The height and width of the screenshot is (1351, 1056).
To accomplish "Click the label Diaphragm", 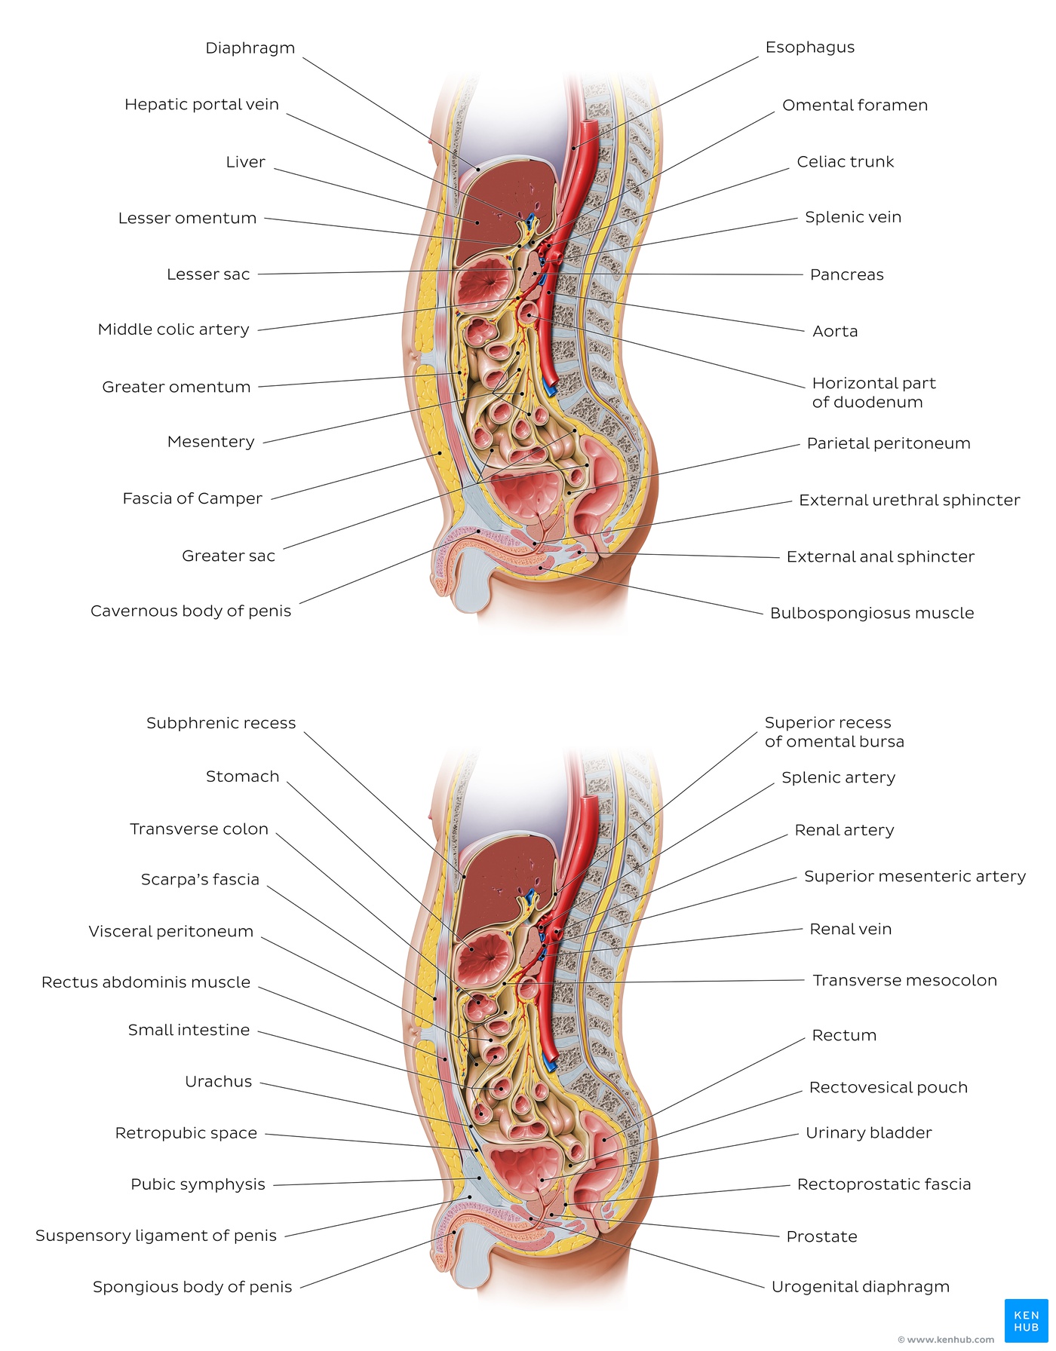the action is coord(250,48).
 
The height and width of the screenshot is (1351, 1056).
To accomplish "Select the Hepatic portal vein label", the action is coord(201,105).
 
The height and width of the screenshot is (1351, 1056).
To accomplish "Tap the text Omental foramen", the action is coord(855,105).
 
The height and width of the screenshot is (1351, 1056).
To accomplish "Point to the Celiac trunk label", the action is coord(846,161).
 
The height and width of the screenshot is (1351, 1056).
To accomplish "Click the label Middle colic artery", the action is coord(173,329).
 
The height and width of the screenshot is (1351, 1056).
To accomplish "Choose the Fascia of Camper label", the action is coord(192,498).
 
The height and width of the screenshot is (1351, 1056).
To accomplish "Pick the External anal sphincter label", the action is coord(880,556).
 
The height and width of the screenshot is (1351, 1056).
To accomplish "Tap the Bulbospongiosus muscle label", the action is coord(872,613).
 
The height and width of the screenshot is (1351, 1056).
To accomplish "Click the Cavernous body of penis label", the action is coord(191,611).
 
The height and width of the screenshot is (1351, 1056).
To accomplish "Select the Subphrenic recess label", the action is coord(221,723).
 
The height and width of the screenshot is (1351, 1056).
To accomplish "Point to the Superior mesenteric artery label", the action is coord(915,876).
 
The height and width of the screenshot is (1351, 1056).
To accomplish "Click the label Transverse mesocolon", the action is coord(904,980).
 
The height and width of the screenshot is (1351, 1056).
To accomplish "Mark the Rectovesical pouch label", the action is coord(888,1087).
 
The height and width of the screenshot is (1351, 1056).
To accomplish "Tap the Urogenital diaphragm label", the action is coord(860,1286).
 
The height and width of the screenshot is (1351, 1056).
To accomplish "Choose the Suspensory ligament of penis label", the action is coord(156,1236).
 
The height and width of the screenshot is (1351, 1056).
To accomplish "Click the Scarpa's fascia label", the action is coord(200,880).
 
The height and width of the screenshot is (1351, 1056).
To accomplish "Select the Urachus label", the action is coord(219,1082).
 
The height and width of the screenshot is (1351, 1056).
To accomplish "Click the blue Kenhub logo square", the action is coord(1026,1320).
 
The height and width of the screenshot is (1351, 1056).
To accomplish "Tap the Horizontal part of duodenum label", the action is coord(873,393).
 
